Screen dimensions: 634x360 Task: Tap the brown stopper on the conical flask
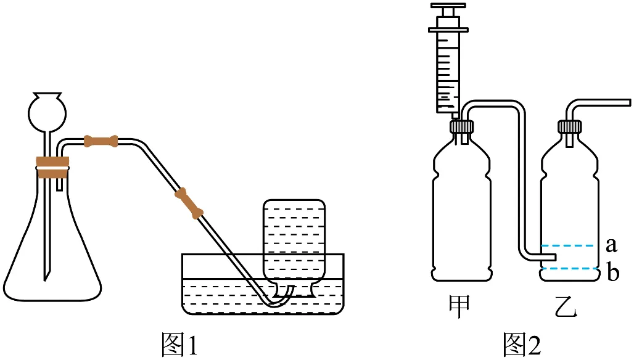click(52, 167)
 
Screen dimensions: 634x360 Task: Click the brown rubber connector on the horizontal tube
click(101, 141)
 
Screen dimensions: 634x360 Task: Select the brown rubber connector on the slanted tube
click(189, 203)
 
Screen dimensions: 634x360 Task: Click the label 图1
click(179, 344)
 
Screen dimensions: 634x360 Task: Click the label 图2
click(521, 344)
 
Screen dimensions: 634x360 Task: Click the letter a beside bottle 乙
click(611, 245)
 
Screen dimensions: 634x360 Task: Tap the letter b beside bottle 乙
click(613, 271)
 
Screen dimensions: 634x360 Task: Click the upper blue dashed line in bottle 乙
click(567, 246)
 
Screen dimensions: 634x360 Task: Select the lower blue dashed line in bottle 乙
click(569, 269)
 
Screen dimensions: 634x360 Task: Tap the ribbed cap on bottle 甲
click(461, 126)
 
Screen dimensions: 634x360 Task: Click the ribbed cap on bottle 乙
click(569, 126)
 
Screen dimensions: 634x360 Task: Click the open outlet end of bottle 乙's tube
click(629, 102)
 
